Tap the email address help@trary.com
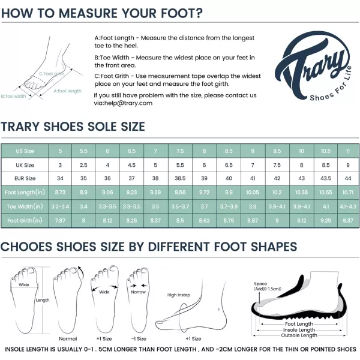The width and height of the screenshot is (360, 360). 128,103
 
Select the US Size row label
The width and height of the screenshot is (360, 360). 25,151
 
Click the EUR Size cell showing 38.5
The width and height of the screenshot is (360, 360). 180,178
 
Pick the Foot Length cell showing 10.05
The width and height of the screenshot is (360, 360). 253,193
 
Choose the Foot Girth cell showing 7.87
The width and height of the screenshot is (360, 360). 60,221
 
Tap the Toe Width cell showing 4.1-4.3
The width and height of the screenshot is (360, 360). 348,206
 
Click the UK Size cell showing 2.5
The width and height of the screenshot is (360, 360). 83,165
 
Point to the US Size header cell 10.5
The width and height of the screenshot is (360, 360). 326,151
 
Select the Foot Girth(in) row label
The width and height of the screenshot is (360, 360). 25,221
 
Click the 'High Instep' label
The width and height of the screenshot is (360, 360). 179,295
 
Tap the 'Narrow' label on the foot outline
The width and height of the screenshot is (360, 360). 139,292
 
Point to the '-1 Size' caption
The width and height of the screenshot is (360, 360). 139,338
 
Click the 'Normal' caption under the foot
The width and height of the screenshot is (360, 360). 68,338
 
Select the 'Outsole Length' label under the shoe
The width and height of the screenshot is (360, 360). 299,335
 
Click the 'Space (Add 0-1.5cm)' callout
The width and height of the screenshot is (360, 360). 267,286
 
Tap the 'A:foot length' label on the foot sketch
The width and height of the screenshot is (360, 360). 67,91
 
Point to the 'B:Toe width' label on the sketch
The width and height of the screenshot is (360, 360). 14,96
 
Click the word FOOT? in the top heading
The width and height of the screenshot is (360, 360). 182,13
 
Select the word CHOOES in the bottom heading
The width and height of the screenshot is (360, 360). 26,247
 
